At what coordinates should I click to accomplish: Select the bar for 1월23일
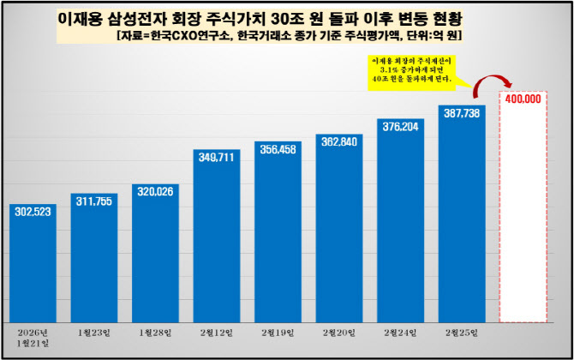click(x=94, y=257)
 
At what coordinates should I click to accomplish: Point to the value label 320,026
click(x=155, y=190)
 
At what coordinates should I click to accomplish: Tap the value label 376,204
click(x=401, y=127)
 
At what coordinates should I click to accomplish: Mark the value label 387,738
click(x=462, y=113)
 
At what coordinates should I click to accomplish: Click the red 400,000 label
click(x=523, y=99)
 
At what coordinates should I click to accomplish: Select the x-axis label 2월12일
click(x=217, y=332)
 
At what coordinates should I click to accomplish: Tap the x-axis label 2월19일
click(x=278, y=332)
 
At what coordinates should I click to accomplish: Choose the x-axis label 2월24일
click(x=401, y=332)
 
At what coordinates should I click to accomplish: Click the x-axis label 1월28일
click(x=155, y=332)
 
